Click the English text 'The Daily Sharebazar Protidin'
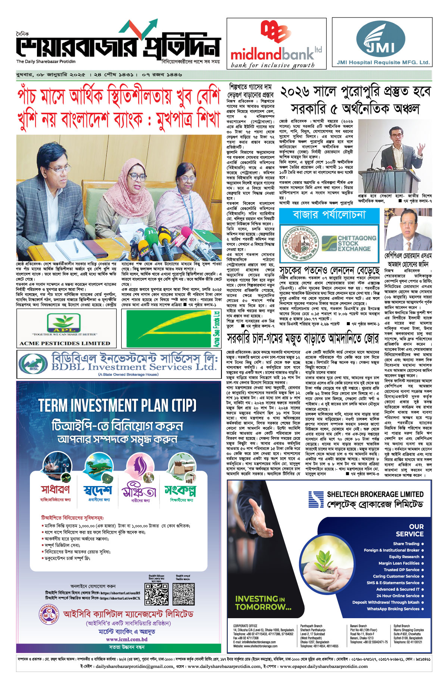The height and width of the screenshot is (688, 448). [x=46, y=62]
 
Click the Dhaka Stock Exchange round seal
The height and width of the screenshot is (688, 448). [x=300, y=243]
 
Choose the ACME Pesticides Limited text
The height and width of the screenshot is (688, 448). [x=65, y=343]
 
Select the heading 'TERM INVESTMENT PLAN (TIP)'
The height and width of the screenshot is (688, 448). [x=117, y=406]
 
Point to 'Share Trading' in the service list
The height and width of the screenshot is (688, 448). [x=406, y=544]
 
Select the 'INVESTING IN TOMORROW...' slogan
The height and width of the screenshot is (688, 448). [x=263, y=603]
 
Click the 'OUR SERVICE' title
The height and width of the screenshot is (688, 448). [x=410, y=530]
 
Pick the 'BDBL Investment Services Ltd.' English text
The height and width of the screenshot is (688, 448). [x=134, y=367]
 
